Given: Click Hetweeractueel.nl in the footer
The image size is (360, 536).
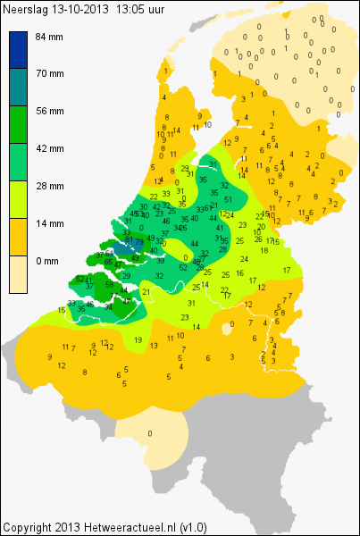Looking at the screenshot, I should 130,528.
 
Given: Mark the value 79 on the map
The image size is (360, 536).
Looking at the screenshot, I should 139,242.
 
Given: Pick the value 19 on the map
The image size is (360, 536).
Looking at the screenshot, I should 138,339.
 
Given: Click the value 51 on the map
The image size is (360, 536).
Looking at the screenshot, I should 228,198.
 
